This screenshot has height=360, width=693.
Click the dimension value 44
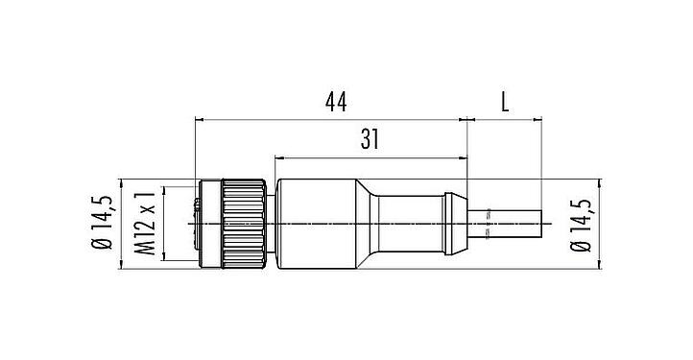[333, 100]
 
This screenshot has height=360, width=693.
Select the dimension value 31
[370, 139]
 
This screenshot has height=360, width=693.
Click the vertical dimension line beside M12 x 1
[164, 223]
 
